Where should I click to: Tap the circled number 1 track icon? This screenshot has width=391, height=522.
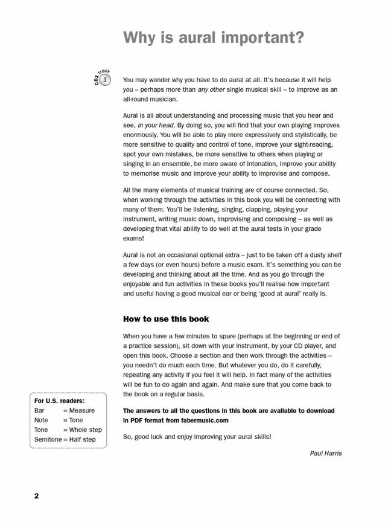click(x=106, y=80)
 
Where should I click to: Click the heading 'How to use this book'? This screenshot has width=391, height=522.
click(x=166, y=318)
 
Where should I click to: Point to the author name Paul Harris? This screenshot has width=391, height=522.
click(x=326, y=453)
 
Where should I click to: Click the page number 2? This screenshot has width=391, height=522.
click(x=36, y=496)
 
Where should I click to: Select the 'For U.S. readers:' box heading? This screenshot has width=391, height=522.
click(x=59, y=401)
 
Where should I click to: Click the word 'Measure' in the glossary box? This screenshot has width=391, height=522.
click(x=81, y=410)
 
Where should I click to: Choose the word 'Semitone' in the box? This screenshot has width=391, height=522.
click(x=48, y=439)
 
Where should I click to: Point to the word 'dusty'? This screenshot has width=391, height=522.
click(x=309, y=255)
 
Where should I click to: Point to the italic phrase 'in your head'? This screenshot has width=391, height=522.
click(x=156, y=125)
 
